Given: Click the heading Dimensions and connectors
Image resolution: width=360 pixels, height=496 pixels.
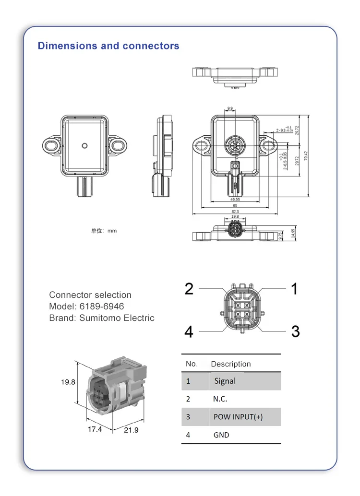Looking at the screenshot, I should pos(108,46).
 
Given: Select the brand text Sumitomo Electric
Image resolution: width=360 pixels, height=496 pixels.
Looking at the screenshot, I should pos(117,318).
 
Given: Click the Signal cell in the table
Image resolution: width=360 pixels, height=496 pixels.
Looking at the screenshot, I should pos(225,381).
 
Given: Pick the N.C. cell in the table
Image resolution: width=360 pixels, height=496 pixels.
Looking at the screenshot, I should pos(220,399).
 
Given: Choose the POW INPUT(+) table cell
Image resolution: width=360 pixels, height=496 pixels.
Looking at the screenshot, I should pos(238,417).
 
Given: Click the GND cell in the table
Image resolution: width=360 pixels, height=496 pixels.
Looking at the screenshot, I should pos(221,435).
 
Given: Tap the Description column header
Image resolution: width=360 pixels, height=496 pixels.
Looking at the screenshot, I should pos(230,364).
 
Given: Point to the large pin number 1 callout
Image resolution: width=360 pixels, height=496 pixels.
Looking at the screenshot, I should pos(294,289).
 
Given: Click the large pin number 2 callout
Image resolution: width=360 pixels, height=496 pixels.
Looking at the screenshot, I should pos(189,289).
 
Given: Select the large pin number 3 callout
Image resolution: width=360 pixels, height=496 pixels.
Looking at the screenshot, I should pos(295,331).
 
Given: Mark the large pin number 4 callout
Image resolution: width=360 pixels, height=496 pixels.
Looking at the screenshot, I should pos(189,331).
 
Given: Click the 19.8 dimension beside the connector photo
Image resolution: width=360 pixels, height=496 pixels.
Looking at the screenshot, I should pos(68,382).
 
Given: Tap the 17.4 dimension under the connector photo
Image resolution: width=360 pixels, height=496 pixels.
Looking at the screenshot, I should pos(95,429).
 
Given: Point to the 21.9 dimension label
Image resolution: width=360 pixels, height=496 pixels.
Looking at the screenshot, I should pos(131,430).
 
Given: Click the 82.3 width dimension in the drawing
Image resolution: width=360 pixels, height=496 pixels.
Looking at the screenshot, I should pos(235,211).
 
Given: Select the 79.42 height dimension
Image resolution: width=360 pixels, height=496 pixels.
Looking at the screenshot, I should pos(306,156).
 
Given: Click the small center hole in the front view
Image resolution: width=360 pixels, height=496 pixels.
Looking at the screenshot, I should pos(85,145).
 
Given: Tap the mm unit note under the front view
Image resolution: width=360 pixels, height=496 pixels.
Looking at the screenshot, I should pos(104,231).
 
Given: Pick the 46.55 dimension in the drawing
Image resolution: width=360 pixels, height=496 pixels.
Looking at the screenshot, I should pos(235,199).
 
